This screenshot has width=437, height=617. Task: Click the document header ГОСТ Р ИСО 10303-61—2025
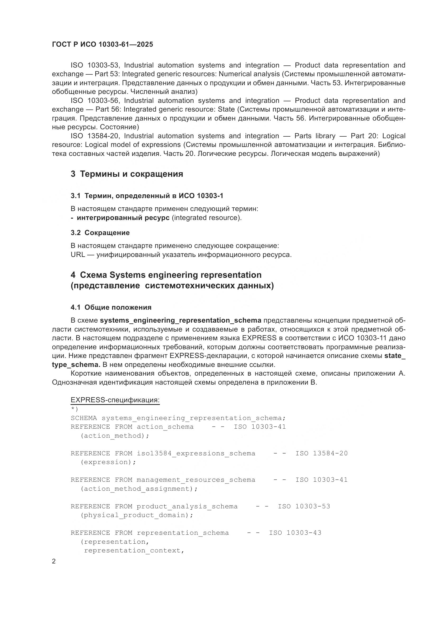pos(103,44)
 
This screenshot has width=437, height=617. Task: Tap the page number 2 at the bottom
pos(54,561)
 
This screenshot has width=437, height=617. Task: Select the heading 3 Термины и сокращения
pos(127,174)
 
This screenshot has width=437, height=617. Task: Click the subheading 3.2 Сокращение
pos(100,233)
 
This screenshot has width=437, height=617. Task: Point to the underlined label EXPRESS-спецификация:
pos(115,400)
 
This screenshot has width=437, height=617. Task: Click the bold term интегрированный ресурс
pos(123,218)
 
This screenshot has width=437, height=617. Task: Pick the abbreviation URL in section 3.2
pos(78,255)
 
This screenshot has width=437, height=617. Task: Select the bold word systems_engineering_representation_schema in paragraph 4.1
pos(180,320)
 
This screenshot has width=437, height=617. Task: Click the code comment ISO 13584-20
pos(322,453)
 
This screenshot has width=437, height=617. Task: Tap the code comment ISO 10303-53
pos(304,506)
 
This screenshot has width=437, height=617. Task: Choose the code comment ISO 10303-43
pos(295,533)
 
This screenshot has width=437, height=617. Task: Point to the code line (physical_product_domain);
pos(137,515)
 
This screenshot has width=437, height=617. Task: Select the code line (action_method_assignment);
pos(139,489)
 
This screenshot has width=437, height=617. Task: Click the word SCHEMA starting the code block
pos(84,418)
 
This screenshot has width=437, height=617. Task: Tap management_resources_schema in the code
pos(196,480)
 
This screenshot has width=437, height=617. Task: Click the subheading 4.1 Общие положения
pos(111,307)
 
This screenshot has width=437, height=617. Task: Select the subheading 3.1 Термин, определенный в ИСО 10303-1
pos(147,196)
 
